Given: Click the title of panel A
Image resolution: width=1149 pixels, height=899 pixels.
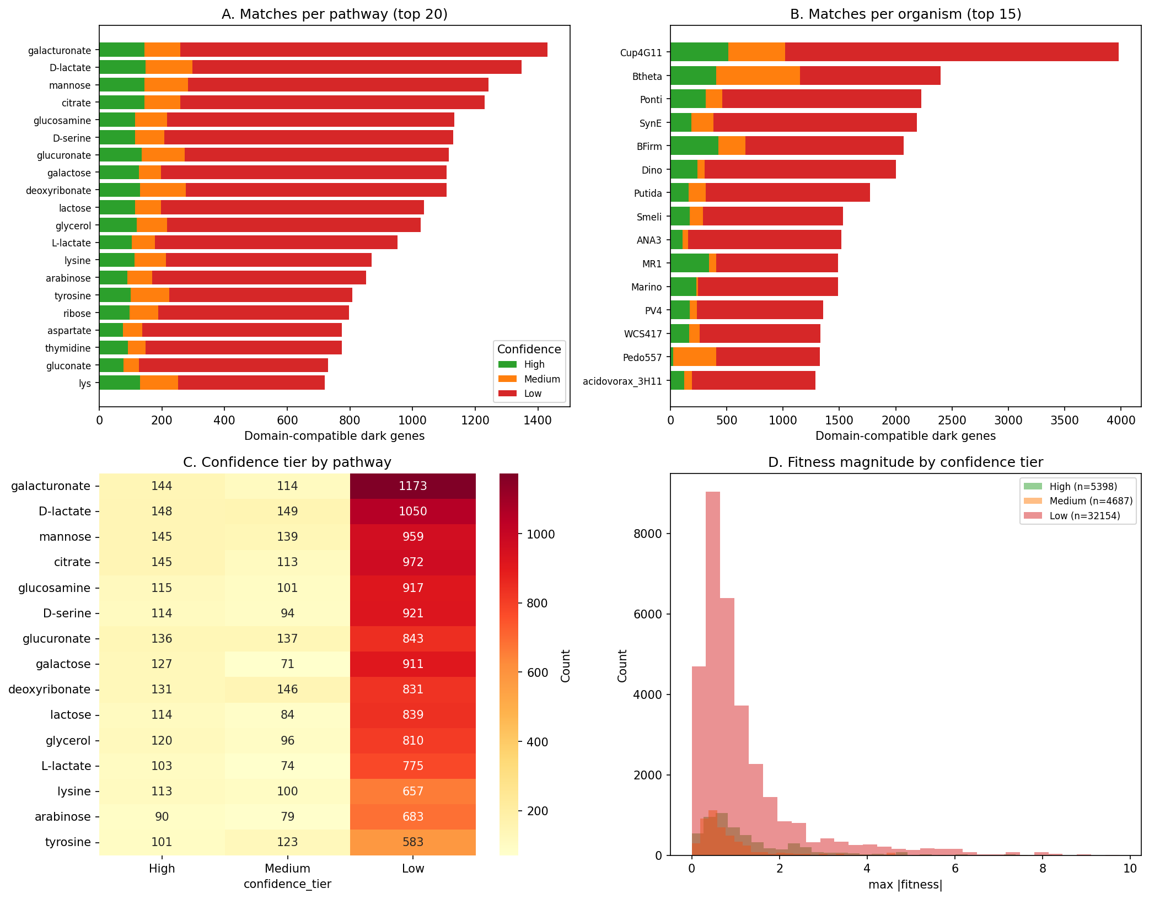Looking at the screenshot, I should click(x=334, y=14).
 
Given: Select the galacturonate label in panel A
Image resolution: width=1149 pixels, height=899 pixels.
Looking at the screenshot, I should click(x=60, y=51).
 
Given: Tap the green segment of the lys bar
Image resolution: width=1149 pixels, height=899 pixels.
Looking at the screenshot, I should click(x=119, y=383).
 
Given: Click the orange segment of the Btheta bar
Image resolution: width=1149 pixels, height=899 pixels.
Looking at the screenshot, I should click(x=758, y=76).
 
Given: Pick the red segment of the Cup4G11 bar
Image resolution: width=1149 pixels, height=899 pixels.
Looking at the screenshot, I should click(x=951, y=52).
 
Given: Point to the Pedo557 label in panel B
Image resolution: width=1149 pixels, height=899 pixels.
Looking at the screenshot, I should click(x=642, y=358).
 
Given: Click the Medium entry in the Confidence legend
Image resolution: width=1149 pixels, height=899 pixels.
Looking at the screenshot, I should click(x=541, y=379).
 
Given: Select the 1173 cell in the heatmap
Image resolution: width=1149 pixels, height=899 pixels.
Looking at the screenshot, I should click(x=412, y=486).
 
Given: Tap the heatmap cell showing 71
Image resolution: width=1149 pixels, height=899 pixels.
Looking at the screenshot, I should click(x=287, y=664).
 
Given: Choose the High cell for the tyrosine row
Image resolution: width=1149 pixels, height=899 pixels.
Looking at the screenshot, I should click(x=162, y=842).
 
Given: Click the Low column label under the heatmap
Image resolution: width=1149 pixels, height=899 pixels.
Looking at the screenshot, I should click(x=412, y=869).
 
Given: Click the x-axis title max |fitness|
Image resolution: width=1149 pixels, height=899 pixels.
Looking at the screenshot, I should click(x=905, y=885).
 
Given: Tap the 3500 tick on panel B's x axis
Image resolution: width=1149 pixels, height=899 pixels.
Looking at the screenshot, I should click(x=1064, y=420).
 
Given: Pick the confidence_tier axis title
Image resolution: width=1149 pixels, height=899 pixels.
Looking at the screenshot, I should click(x=287, y=884).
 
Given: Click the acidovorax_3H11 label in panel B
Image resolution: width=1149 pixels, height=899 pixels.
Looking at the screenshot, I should click(x=622, y=381).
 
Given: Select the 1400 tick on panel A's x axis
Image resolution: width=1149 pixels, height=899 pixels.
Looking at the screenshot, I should click(x=538, y=420).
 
